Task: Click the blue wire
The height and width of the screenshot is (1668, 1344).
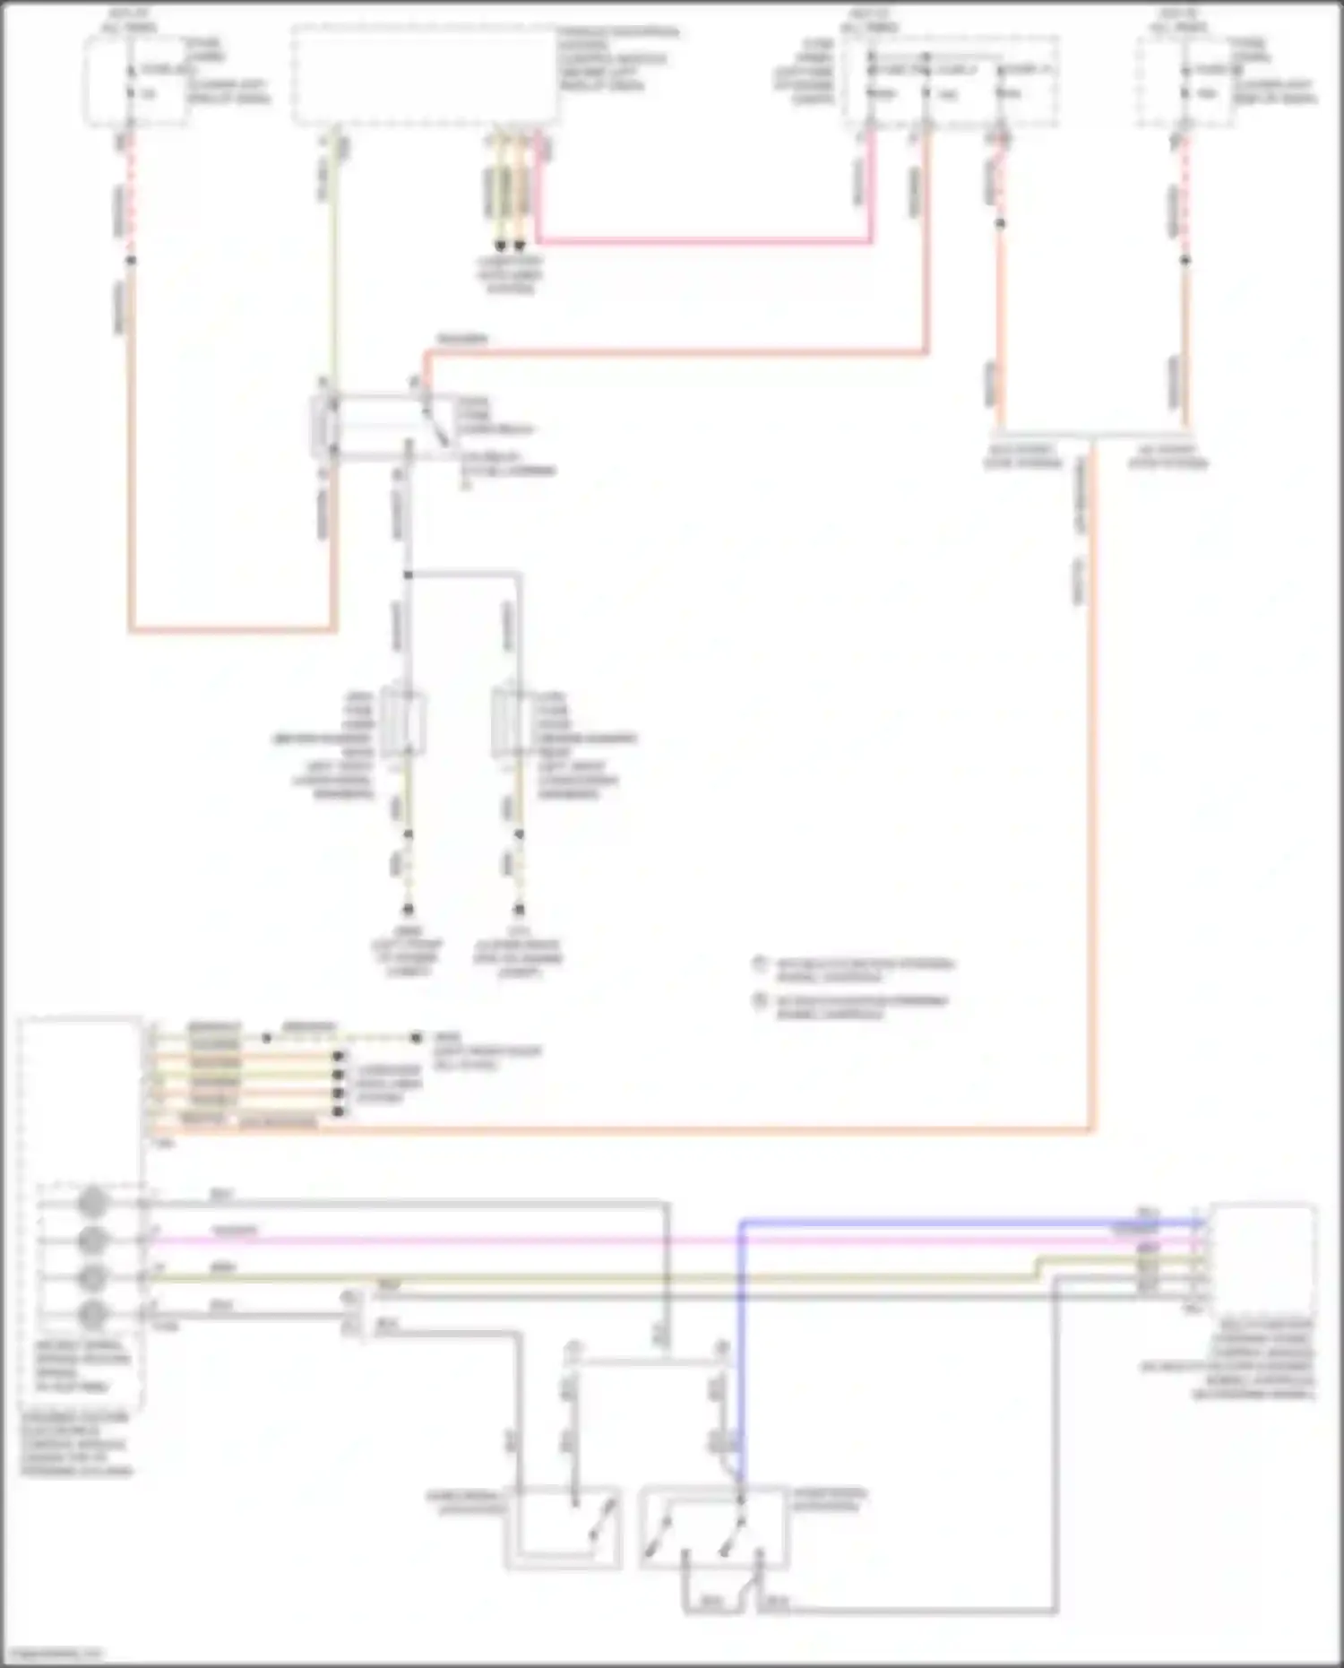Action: [x=896, y=1222]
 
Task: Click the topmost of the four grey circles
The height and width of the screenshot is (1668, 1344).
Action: [x=92, y=1202]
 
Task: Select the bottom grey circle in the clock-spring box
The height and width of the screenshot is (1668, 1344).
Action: [x=92, y=1314]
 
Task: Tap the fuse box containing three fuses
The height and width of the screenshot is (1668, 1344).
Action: [x=950, y=82]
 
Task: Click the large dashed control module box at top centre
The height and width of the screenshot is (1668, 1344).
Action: [x=426, y=76]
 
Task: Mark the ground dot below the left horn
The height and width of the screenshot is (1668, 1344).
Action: [x=408, y=909]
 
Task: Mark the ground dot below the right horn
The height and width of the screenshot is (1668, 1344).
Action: [x=518, y=909]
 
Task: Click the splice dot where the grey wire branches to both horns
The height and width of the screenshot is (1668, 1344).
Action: [x=408, y=575]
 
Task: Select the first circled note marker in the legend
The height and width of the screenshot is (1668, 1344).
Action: [x=760, y=964]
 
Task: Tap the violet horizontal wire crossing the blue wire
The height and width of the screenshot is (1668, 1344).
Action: [x=627, y=1240]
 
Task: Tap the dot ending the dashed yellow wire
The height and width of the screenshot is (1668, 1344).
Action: [x=417, y=1038]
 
